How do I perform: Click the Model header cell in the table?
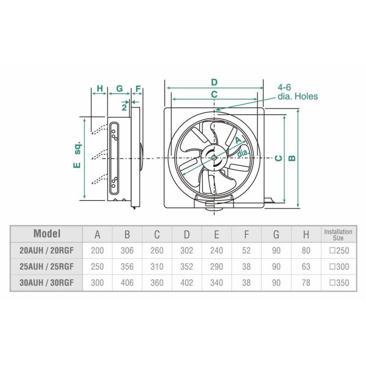[x=46, y=233]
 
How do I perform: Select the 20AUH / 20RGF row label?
[x=46, y=251]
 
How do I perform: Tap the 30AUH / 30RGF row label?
[x=46, y=283]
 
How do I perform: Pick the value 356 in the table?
[x=127, y=267]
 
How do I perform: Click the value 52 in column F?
[x=246, y=251]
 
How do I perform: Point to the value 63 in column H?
[x=305, y=267]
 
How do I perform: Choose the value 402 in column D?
[x=186, y=283]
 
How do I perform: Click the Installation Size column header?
[x=338, y=234]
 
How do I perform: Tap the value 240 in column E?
[x=216, y=251]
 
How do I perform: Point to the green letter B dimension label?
[x=291, y=158]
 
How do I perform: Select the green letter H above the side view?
[x=100, y=89]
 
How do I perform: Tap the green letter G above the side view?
[x=119, y=89]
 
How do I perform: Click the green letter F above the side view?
[x=138, y=89]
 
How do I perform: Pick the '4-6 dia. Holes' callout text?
[x=297, y=92]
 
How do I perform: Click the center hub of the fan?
[x=214, y=158]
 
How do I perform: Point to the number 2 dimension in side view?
[x=124, y=106]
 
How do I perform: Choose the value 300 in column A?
[x=97, y=283]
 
